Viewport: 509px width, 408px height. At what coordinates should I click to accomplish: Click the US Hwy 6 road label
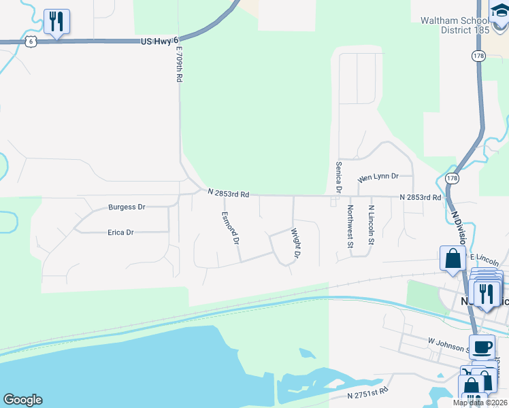tap(158, 41)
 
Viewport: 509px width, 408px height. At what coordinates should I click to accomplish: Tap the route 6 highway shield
tap(29, 41)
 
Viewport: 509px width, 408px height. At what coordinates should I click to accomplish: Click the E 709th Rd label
tap(180, 65)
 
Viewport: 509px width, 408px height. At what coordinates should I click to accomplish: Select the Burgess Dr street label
tap(127, 207)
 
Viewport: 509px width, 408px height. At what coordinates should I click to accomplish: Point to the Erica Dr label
tap(120, 232)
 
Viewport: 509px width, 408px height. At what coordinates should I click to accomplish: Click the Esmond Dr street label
tap(231, 227)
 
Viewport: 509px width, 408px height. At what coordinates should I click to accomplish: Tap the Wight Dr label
tap(296, 243)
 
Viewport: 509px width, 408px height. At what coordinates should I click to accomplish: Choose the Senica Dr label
tap(338, 175)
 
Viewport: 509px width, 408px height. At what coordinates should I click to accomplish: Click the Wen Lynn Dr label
tap(378, 176)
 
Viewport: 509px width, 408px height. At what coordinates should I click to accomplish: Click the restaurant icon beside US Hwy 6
tap(55, 22)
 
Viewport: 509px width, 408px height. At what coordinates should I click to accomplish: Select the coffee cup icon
tap(482, 347)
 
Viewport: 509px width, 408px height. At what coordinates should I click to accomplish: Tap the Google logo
tap(22, 400)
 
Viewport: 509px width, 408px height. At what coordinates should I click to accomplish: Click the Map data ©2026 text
tap(480, 403)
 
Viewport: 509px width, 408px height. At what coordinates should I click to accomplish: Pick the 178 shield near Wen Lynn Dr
tap(452, 177)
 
